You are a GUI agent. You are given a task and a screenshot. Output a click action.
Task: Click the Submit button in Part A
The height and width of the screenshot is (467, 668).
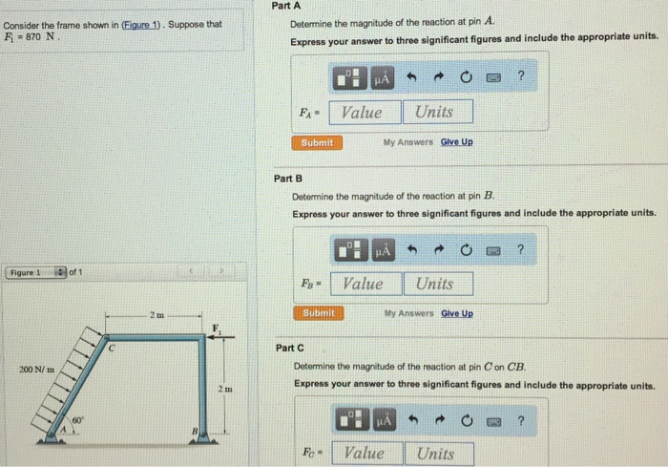317,142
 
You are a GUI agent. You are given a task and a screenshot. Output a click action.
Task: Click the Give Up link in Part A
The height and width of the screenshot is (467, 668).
456,142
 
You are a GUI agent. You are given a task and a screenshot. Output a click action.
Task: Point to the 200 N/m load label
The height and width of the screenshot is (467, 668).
35,370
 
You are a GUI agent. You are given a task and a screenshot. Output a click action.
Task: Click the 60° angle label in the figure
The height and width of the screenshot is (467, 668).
77,420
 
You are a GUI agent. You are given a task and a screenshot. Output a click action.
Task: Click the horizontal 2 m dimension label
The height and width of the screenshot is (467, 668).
157,313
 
